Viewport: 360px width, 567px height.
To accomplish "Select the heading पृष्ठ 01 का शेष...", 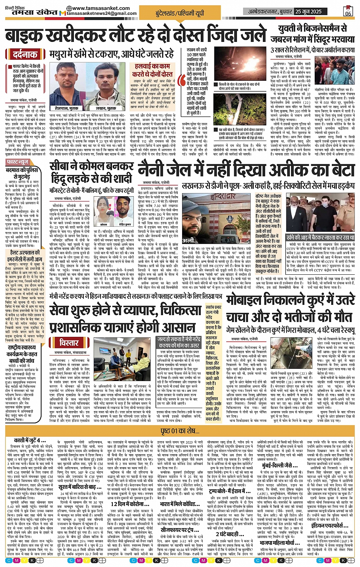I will pyautogui.click(x=180, y=431).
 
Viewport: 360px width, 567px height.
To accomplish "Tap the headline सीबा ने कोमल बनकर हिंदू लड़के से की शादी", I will pyautogui.click(x=91, y=173).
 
